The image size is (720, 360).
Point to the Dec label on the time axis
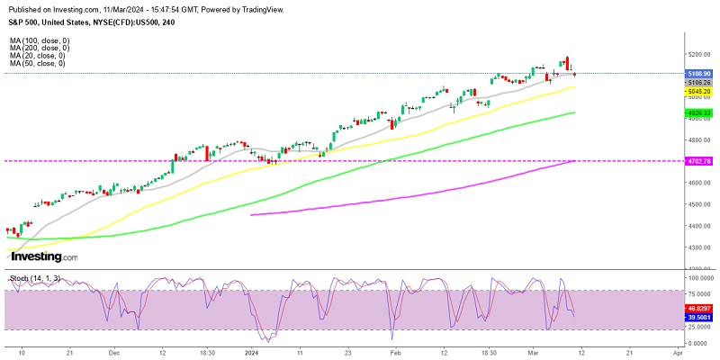tap(114, 354)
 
